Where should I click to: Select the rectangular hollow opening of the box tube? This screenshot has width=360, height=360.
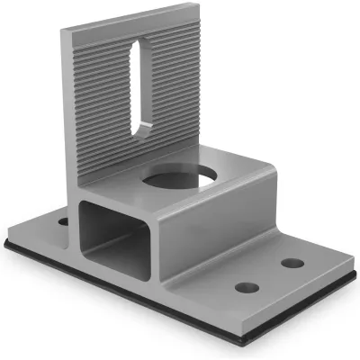coord(107,232)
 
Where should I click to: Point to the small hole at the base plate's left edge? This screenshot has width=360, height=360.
coord(62,220)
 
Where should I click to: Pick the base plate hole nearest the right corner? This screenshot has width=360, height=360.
coord(292,264)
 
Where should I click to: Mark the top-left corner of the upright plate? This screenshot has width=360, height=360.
coord(64,32)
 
